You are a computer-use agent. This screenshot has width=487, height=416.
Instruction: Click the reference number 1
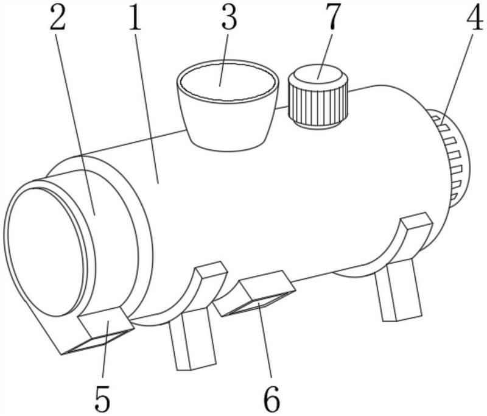point(135,18)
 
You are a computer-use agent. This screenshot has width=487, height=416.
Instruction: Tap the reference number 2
point(58,18)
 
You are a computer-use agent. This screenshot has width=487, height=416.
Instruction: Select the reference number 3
point(229,18)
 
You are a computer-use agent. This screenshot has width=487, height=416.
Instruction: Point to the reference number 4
point(475,18)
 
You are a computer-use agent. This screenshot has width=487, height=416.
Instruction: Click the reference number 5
point(102,398)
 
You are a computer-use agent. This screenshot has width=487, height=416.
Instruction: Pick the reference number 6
point(272,398)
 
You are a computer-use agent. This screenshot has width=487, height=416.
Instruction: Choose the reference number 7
point(333,18)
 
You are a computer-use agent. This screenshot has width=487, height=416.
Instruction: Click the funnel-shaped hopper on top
point(228,105)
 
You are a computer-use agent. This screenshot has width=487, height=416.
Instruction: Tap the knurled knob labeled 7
point(318,96)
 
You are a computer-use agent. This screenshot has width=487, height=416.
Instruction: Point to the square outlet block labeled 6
point(254,294)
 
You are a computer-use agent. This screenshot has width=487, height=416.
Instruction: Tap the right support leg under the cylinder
point(399,291)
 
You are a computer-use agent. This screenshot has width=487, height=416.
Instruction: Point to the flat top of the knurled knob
point(318,74)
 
